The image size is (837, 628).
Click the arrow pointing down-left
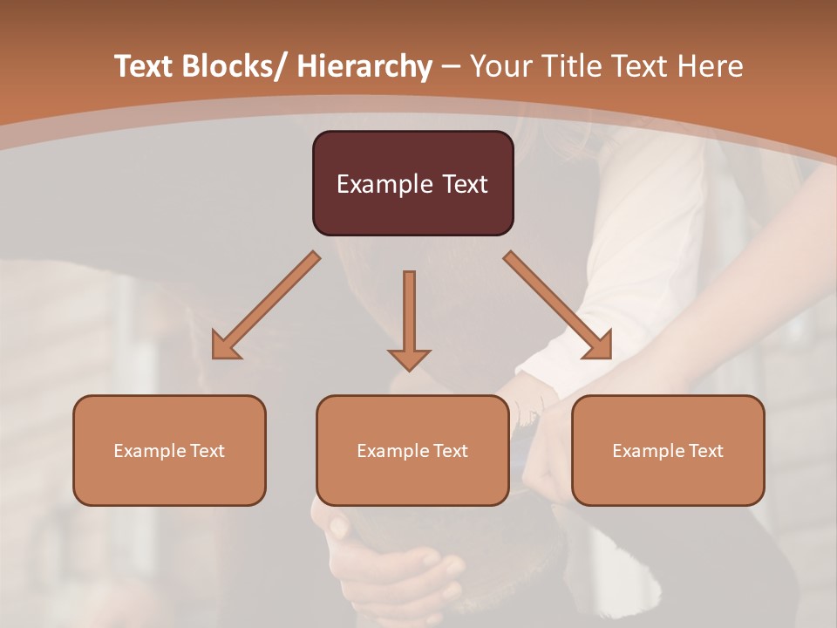266,306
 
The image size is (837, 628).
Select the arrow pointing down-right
558,305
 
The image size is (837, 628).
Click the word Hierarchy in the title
364,66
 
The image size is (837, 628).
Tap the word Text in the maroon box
465,184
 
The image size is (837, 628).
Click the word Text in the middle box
450,451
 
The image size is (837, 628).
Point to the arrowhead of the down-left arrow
225,346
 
